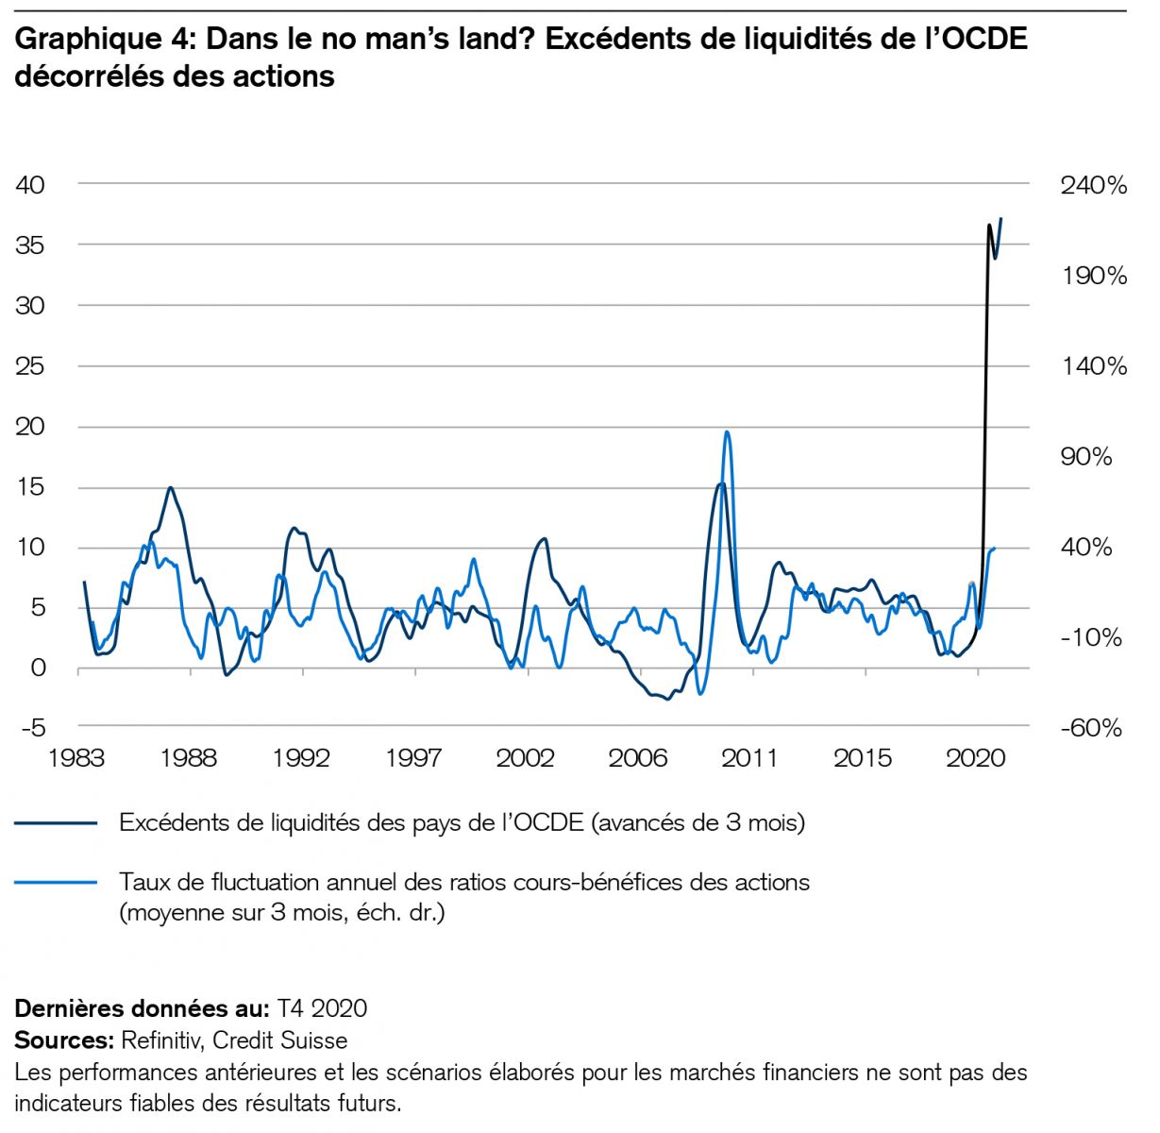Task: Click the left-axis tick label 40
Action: point(30,185)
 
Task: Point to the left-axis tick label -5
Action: point(30,729)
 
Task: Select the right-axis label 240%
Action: point(1093,185)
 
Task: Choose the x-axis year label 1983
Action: point(78,758)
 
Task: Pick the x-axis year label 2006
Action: point(638,758)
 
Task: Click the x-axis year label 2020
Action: point(975,758)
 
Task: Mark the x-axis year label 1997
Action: point(413,758)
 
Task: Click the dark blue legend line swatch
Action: point(57,823)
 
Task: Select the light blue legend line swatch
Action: point(57,883)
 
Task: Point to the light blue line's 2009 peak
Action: point(726,432)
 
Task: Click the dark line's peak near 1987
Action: point(170,488)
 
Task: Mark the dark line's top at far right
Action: point(1000,219)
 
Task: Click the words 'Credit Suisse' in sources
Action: point(279,1040)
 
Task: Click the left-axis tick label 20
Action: point(30,427)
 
